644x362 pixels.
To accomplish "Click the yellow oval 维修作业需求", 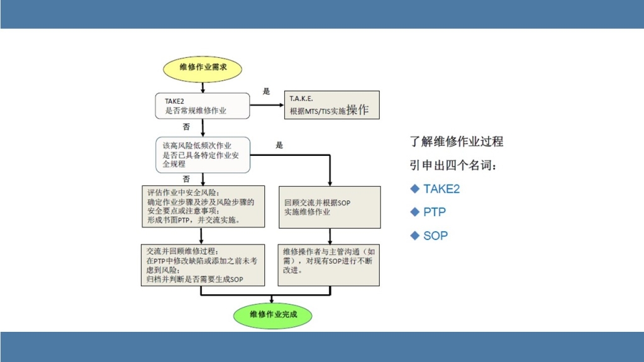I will (x=203, y=68).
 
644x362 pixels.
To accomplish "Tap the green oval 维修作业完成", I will (x=272, y=314).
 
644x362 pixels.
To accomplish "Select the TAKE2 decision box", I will (x=202, y=106).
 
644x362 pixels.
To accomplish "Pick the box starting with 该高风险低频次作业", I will (x=202, y=155).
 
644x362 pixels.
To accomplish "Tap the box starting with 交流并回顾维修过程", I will (x=202, y=265).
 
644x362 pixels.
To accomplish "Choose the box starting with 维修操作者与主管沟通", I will (x=329, y=265).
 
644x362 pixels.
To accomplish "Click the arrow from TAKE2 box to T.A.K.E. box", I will (x=267, y=106).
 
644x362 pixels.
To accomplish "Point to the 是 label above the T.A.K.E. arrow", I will (x=266, y=92).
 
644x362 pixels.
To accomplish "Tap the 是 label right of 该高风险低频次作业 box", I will (x=279, y=145).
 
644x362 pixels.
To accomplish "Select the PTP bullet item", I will (x=435, y=212).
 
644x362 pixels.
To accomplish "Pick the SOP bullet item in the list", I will (x=435, y=236).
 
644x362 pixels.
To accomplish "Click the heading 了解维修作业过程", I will (x=457, y=141).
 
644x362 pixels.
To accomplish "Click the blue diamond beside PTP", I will (x=414, y=212).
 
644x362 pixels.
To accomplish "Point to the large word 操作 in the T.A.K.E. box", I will (x=357, y=109).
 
